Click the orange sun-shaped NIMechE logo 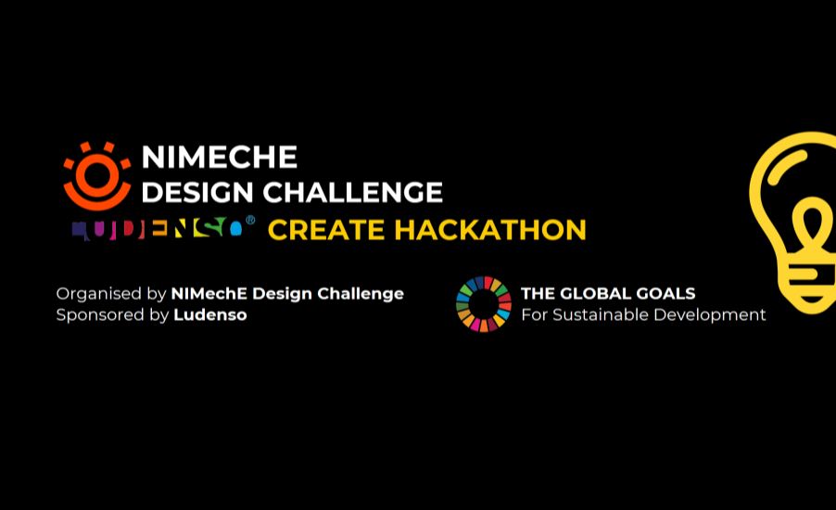[x=96, y=175]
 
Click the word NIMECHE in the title [x=219, y=158]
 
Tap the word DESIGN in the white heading [x=197, y=193]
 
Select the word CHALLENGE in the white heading [x=352, y=193]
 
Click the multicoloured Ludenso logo [x=158, y=229]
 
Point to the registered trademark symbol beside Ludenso [x=249, y=220]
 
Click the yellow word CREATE [x=326, y=230]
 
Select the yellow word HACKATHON [x=490, y=230]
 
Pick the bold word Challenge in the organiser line [x=361, y=295]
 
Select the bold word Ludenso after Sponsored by [x=210, y=314]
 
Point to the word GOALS [x=669, y=293]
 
